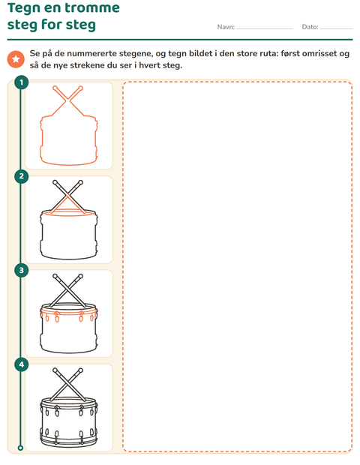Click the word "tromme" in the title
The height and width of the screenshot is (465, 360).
92,8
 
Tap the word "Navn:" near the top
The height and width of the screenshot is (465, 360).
226,27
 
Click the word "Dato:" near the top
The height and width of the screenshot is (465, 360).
310,27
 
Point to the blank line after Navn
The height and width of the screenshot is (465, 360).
265,28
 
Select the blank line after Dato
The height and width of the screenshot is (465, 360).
336,28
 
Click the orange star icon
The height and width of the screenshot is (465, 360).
16,59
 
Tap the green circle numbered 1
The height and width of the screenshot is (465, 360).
21,82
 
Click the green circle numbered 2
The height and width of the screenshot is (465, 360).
21,176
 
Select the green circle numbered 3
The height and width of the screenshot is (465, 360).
21,270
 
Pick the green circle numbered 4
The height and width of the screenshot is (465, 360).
21,364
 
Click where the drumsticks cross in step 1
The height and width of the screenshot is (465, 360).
67,100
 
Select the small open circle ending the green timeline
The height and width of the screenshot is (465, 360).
20,448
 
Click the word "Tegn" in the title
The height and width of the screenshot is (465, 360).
24,8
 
